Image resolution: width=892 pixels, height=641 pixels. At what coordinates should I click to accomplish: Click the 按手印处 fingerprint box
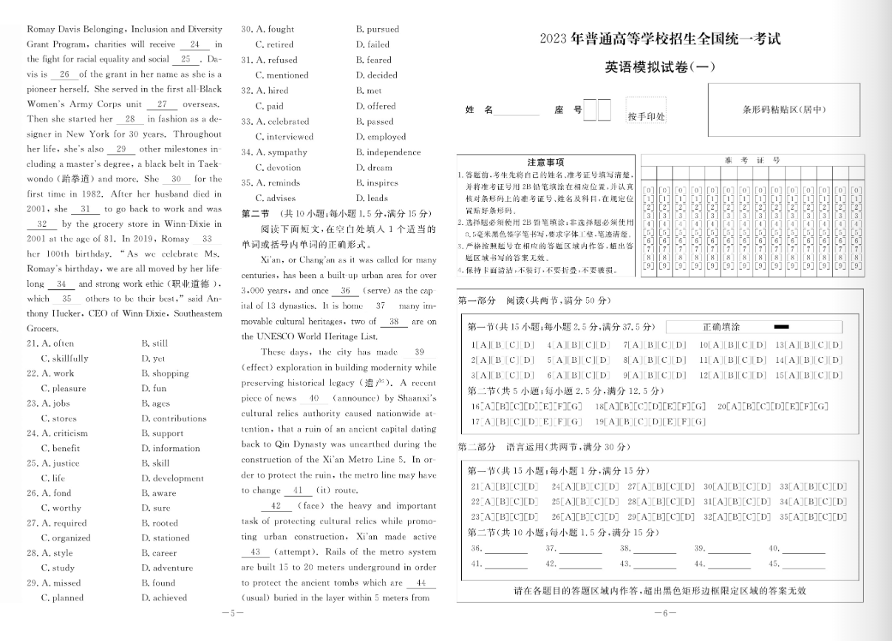pos(646,112)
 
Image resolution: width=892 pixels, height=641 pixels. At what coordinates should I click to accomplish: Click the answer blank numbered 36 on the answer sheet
pos(506,549)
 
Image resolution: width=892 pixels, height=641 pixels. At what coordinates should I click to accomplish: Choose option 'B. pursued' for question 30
pos(377,30)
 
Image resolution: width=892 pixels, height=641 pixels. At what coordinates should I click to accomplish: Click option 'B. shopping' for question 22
pos(165,373)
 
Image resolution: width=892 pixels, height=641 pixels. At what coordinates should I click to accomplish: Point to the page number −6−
pos(660,613)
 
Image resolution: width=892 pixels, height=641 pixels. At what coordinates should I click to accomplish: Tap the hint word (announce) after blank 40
pos(356,398)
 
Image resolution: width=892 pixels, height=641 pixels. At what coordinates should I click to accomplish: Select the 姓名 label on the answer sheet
pos(479,109)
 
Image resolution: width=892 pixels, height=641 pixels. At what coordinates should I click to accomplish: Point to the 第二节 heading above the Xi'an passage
pos(256,214)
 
